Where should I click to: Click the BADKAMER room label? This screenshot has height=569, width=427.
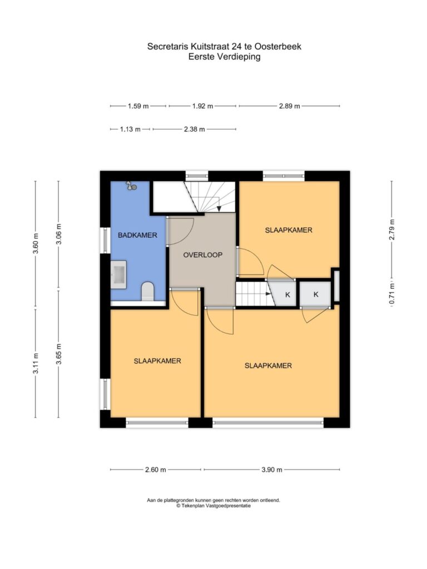coord(137,235)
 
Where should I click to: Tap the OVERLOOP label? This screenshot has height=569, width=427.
coord(202,254)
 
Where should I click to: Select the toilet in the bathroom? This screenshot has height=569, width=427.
coord(148,291)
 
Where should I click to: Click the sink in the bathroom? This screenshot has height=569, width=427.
coord(118,274)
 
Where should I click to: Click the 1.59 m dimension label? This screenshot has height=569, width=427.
coord(138,106)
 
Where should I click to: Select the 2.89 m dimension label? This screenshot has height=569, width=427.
coord(289,106)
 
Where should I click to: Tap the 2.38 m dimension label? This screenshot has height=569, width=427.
coord(194,129)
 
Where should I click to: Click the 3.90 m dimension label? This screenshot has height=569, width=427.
coord(271,470)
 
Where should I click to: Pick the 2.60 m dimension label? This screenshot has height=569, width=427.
coord(156,470)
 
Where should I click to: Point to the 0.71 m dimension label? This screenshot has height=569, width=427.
coord(392,293)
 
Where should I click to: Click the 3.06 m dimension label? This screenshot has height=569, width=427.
coord(59,234)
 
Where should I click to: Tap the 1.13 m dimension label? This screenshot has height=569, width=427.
coord(130,129)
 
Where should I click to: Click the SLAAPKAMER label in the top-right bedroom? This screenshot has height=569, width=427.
coord(289,230)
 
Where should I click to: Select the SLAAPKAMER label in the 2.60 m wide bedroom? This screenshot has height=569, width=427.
coord(157,361)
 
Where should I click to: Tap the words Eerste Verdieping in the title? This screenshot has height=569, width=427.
coord(225,57)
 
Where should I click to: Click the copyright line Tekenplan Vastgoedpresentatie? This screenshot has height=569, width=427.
coord(213,506)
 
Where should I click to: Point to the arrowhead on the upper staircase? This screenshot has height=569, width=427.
coord(219,208)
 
